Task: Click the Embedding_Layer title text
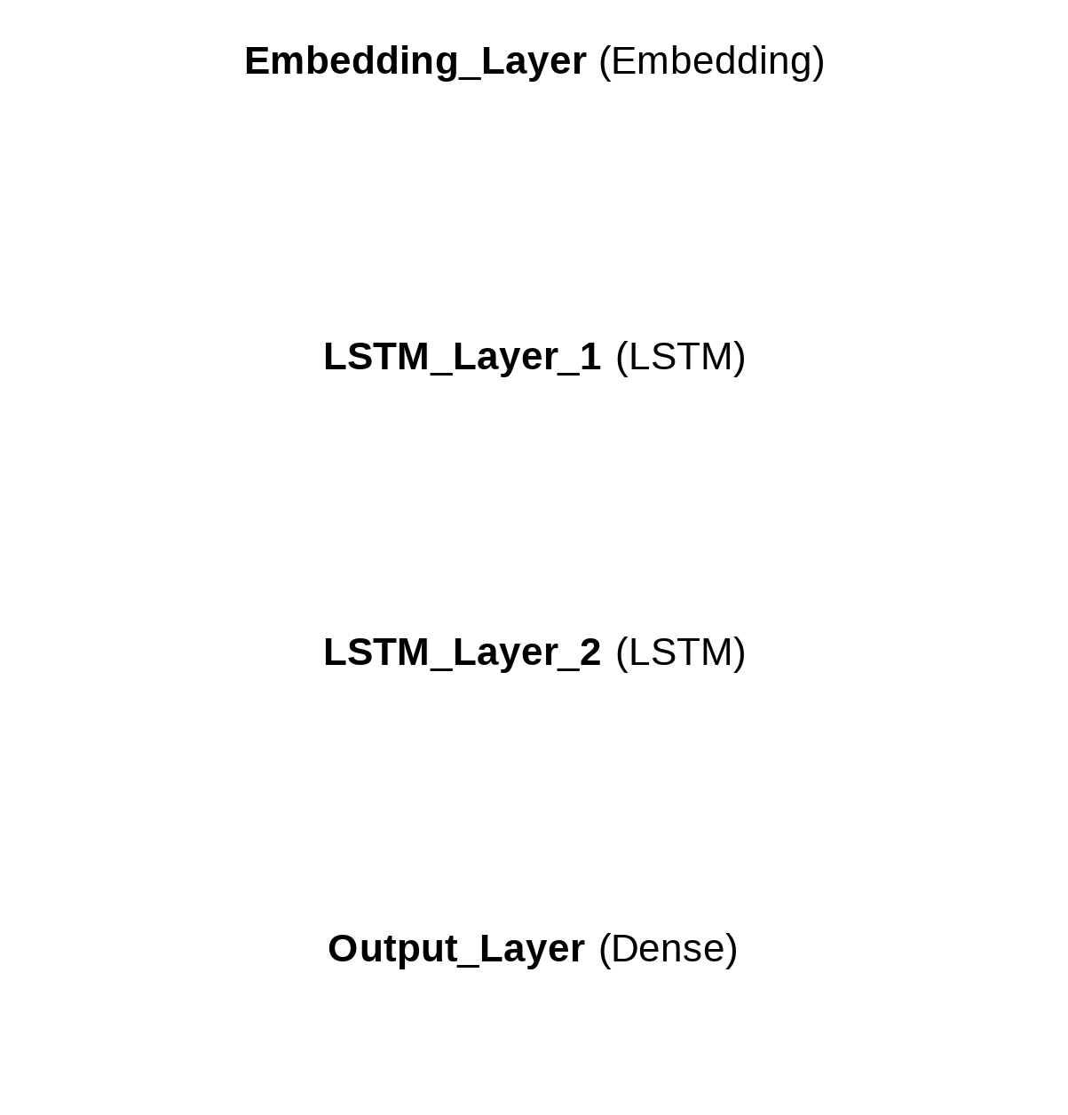click(415, 62)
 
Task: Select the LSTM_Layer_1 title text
click(462, 357)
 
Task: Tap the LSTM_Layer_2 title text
click(462, 652)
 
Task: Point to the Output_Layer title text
click(456, 949)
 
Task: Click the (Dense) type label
click(668, 949)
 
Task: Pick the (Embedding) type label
click(712, 62)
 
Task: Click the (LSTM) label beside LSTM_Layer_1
click(680, 357)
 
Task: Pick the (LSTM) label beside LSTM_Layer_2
click(680, 652)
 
